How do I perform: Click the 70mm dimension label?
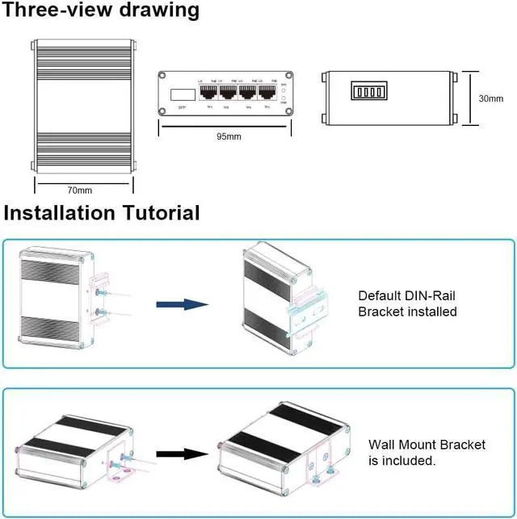pos(80,190)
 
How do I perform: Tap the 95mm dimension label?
pos(229,136)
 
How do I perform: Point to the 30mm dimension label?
pos(491,98)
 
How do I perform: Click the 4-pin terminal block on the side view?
pos(367,89)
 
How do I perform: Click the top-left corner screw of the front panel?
pos(163,75)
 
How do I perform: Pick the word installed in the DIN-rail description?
pos(428,312)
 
